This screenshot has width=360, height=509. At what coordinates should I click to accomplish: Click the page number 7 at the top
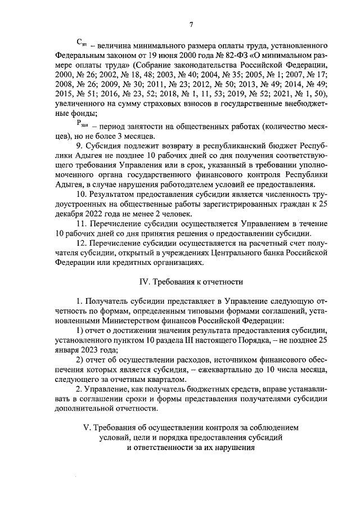coord(191,24)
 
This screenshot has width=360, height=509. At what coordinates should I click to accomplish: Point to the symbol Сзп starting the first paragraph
coord(81,44)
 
